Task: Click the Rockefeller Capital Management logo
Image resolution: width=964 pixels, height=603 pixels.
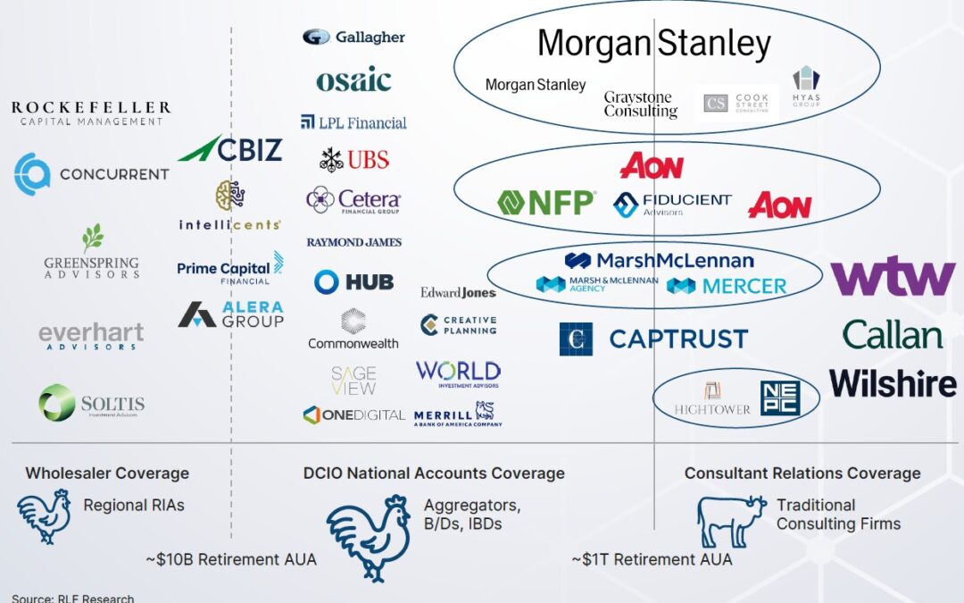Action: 90,113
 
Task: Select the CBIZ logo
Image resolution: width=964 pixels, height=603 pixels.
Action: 230,149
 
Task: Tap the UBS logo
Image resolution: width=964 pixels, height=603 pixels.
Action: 354,160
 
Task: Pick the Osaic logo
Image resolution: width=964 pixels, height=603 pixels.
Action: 353,80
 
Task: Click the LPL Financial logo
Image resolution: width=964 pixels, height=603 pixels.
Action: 353,122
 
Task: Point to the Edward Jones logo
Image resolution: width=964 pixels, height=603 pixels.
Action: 458,292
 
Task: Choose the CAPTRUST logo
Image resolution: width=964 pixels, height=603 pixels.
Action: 653,339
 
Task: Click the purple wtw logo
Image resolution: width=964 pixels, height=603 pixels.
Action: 893,277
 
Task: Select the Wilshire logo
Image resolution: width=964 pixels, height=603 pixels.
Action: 893,383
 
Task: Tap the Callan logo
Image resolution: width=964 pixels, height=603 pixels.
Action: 892,335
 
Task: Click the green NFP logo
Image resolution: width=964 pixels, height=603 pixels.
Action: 546,203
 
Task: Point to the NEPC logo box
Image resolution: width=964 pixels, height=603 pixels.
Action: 779,398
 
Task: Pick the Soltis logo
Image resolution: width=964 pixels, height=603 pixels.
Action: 91,403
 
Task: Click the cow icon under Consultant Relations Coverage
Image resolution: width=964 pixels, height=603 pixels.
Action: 731,521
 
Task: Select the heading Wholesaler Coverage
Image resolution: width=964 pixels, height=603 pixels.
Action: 107,473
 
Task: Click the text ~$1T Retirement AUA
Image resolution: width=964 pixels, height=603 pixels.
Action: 652,559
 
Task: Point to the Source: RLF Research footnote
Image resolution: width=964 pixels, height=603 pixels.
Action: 72,597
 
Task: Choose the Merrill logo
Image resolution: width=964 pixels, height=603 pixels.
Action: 457,413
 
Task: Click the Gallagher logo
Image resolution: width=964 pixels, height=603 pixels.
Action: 353,37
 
